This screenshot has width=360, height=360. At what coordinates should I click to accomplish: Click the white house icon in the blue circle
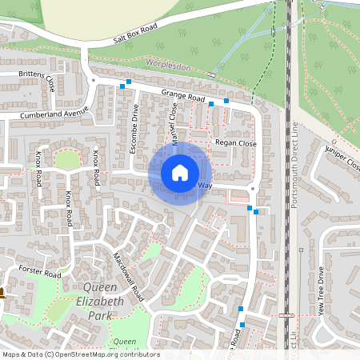pyautogui.click(x=180, y=171)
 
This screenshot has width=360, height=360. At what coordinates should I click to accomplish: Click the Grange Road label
pyautogui.click(x=182, y=95)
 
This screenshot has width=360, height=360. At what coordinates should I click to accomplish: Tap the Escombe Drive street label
pyautogui.click(x=134, y=129)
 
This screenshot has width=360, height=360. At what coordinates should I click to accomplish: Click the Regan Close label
pyautogui.click(x=235, y=142)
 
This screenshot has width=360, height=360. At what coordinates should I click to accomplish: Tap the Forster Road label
pyautogui.click(x=40, y=274)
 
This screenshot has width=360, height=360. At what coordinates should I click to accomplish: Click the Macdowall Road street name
pyautogui.click(x=128, y=277)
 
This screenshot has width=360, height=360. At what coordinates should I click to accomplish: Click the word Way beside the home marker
pyautogui.click(x=205, y=186)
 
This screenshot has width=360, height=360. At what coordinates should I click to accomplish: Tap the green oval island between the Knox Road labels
pyautogui.click(x=68, y=160)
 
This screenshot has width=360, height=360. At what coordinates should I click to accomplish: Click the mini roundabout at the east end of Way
pyautogui.click(x=254, y=189)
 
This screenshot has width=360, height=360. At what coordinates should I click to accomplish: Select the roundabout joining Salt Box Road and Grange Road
pyautogui.click(x=93, y=80)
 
